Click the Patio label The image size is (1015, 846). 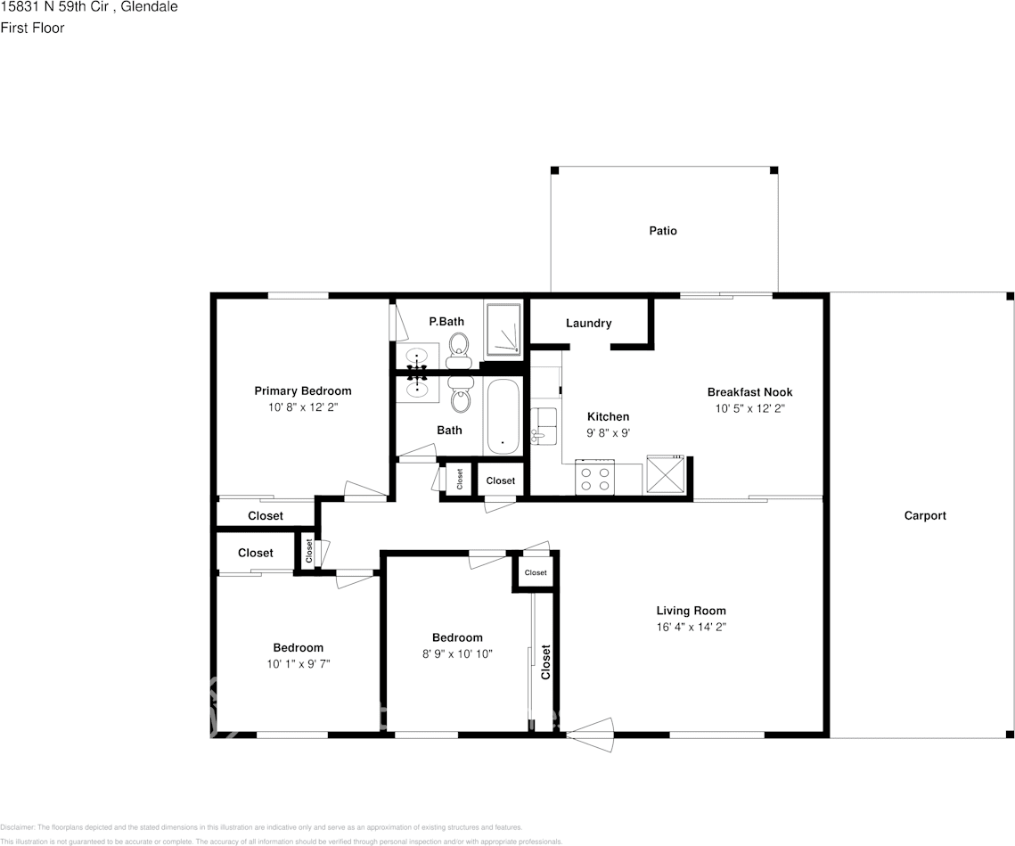(x=662, y=231)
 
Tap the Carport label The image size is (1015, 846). (x=925, y=515)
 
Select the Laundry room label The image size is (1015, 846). (x=588, y=323)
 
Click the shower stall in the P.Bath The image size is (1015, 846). (x=503, y=331)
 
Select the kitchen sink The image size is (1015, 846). (x=544, y=425)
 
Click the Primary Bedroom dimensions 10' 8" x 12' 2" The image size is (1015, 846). (x=303, y=407)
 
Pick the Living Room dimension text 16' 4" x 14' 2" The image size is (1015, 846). (x=691, y=627)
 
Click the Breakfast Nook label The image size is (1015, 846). (x=749, y=392)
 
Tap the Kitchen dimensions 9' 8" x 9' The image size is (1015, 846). (x=608, y=432)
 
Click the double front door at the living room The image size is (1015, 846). (x=591, y=735)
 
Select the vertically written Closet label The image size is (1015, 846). (x=545, y=661)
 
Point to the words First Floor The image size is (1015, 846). (x=32, y=28)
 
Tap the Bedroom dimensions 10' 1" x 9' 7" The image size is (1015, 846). (x=298, y=663)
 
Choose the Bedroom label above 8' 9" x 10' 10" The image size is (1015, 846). (x=457, y=637)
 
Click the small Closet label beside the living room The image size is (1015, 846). (x=536, y=572)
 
